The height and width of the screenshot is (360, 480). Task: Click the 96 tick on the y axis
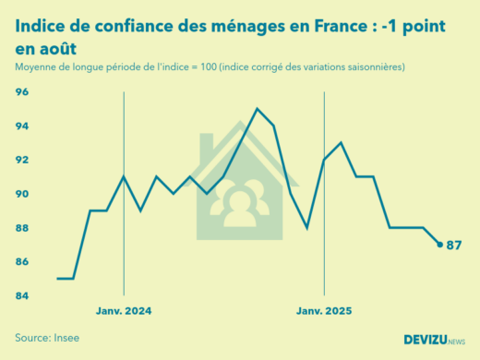pyautogui.click(x=22, y=92)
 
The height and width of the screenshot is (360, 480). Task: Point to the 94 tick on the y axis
pyautogui.click(x=22, y=126)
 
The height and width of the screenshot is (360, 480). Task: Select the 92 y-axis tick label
pyautogui.click(x=22, y=161)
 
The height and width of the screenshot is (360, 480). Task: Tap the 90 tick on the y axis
pyautogui.click(x=22, y=195)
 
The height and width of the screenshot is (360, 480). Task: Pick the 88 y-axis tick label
pyautogui.click(x=22, y=229)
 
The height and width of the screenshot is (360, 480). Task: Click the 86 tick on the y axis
pyautogui.click(x=22, y=263)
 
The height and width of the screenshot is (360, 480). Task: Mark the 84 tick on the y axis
pyautogui.click(x=22, y=296)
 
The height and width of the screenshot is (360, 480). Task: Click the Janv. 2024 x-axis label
pyautogui.click(x=124, y=311)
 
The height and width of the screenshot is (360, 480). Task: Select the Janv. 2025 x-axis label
pyautogui.click(x=324, y=311)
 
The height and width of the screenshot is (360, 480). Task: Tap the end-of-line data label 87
pyautogui.click(x=454, y=246)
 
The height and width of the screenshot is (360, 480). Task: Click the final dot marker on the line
pyautogui.click(x=439, y=245)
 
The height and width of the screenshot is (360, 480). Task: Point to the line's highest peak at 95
pyautogui.click(x=257, y=109)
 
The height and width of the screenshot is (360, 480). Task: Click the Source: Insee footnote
pyautogui.click(x=47, y=338)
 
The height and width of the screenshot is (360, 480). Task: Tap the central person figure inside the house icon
pyautogui.click(x=240, y=203)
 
